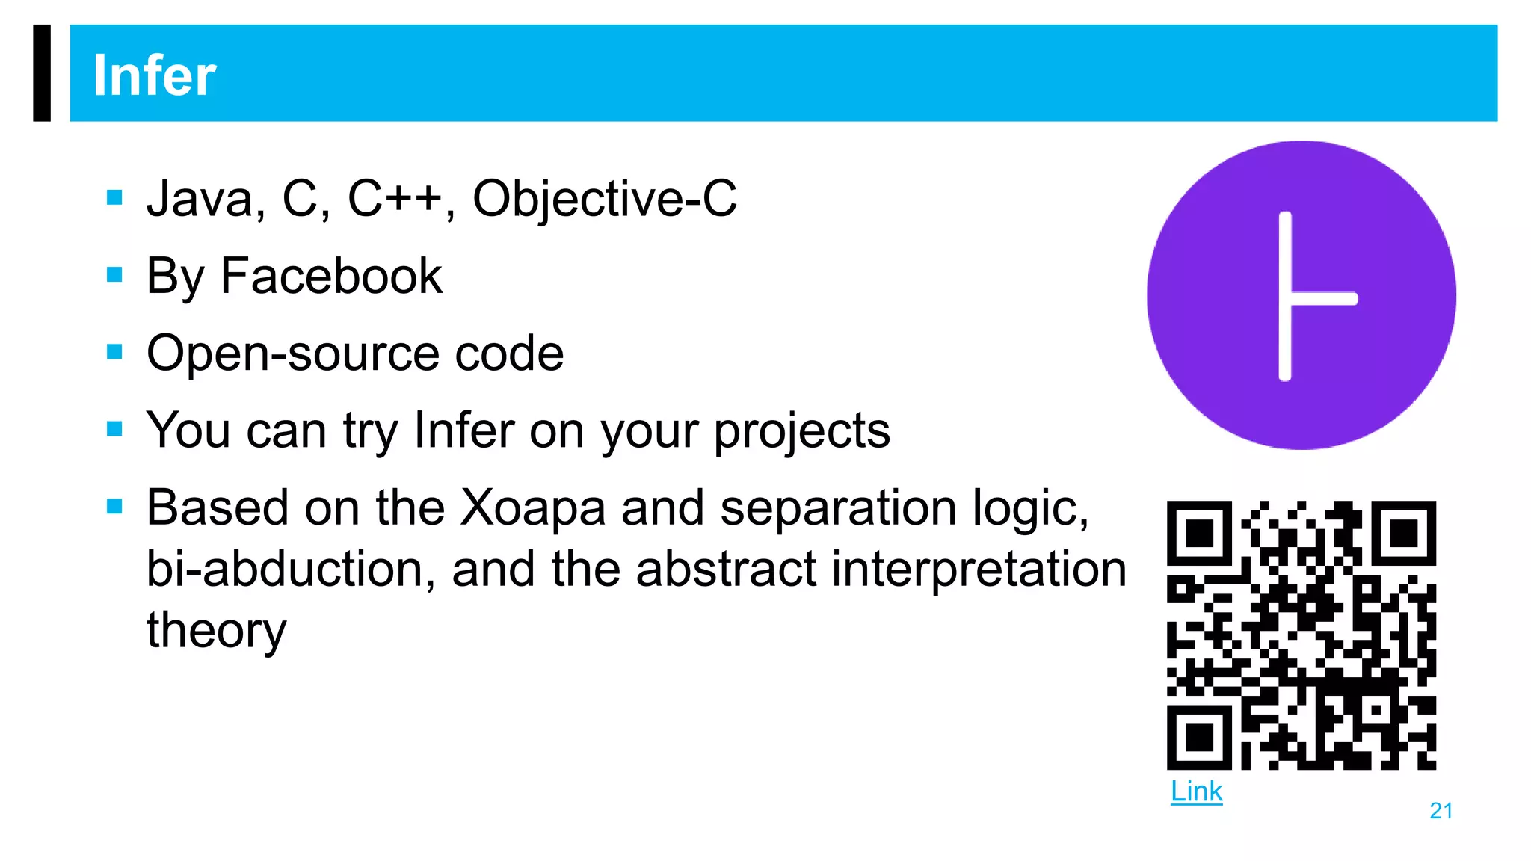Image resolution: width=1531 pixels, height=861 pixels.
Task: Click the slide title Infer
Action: click(x=154, y=75)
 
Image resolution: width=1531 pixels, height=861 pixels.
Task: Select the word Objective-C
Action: click(x=605, y=200)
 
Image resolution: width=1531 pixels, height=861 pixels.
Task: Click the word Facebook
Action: click(x=331, y=277)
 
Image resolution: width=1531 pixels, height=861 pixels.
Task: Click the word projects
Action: click(x=802, y=432)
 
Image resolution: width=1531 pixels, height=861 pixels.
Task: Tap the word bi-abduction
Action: click(x=291, y=570)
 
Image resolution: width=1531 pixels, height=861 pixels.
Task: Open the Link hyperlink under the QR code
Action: click(x=1196, y=791)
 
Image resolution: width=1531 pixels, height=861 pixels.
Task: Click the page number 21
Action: click(x=1441, y=811)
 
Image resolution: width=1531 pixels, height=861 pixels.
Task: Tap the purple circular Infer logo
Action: click(x=1301, y=295)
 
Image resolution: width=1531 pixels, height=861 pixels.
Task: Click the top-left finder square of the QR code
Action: click(x=1199, y=533)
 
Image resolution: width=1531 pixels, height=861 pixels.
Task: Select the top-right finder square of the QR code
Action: click(x=1403, y=533)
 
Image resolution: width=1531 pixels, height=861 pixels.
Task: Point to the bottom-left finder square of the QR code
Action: click(x=1199, y=737)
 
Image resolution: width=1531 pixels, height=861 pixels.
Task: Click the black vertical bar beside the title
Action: click(x=42, y=72)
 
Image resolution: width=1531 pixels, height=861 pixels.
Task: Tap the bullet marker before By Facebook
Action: click(x=114, y=275)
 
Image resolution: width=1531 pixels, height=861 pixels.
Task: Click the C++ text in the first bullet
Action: click(x=395, y=199)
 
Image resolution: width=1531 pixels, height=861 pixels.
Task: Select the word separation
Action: click(x=838, y=508)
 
